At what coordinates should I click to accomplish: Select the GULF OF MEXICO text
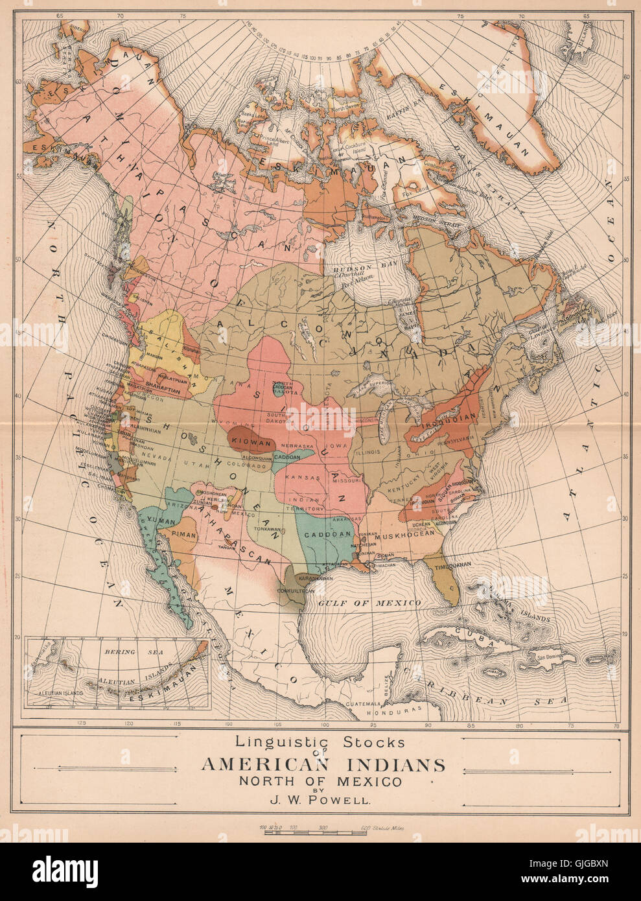[x=369, y=603]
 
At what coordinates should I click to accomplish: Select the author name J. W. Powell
[x=323, y=799]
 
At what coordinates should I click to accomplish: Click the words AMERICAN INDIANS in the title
[x=323, y=765]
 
